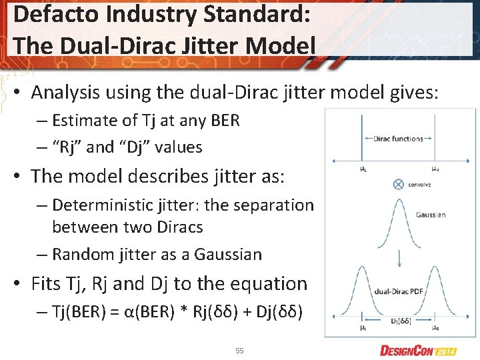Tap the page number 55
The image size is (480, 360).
pos(239,350)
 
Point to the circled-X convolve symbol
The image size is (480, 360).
pos(398,184)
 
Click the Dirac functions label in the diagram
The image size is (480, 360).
pos(398,139)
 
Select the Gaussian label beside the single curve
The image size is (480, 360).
pos(431,215)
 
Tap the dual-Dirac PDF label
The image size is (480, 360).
pos(399,291)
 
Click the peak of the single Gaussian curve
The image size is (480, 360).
pos(398,201)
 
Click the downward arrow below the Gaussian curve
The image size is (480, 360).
pos(398,256)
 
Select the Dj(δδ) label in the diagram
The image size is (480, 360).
pos(401,321)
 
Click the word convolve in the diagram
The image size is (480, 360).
pos(419,185)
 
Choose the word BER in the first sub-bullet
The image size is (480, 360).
pos(225,121)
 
